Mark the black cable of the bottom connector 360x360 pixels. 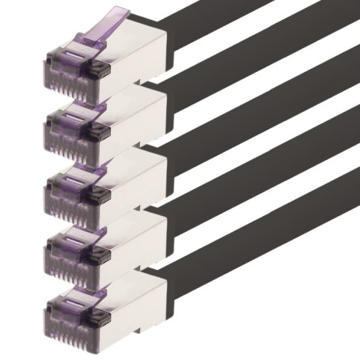click(261, 253)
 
